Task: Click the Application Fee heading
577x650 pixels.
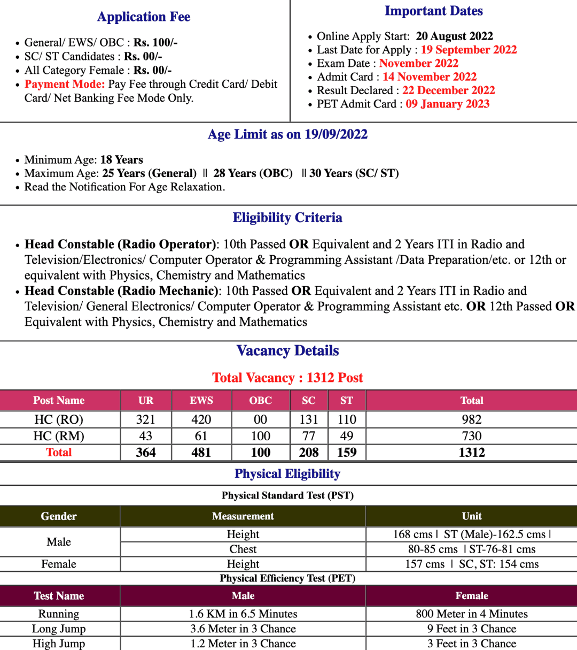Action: tap(144, 17)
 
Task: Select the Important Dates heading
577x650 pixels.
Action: tap(433, 11)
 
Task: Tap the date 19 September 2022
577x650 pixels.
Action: tap(469, 50)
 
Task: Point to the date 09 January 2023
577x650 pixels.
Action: tap(447, 104)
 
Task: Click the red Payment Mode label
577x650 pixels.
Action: tap(65, 84)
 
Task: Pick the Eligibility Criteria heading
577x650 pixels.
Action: tap(287, 218)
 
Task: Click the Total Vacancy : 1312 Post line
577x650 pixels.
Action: tap(287, 378)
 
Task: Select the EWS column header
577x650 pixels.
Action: tap(201, 400)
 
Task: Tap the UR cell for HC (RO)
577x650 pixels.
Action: tap(146, 419)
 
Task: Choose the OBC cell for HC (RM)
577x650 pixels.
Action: tap(261, 436)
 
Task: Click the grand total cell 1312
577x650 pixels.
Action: tap(472, 453)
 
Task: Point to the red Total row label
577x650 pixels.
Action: tap(59, 453)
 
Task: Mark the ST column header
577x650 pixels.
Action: tap(347, 400)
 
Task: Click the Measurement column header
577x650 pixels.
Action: tap(243, 516)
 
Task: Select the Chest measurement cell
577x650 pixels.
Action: tap(243, 549)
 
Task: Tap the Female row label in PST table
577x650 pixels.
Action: tap(59, 564)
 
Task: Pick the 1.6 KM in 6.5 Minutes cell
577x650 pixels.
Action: tap(243, 614)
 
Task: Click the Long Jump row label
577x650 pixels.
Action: tap(59, 629)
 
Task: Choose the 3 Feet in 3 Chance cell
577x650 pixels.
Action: tap(472, 644)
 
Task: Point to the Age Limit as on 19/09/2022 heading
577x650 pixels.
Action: tap(287, 134)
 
